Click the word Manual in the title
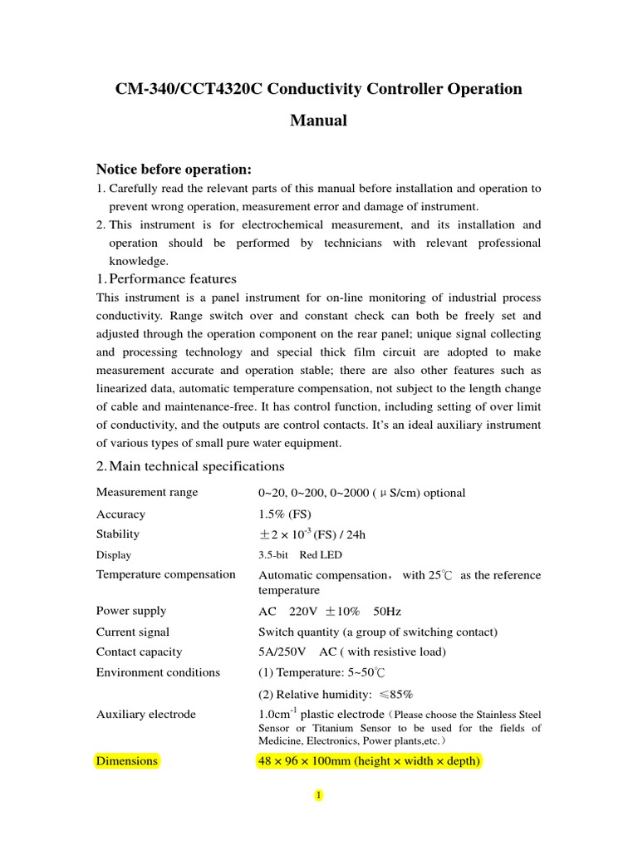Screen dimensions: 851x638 318,121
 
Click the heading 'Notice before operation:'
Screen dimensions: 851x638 174,170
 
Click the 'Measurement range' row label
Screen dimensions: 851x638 147,492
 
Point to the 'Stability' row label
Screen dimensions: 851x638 118,534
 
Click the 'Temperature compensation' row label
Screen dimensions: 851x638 166,574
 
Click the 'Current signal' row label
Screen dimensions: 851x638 132,632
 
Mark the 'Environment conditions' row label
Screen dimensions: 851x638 158,672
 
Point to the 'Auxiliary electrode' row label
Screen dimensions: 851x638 146,714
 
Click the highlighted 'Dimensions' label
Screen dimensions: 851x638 127,761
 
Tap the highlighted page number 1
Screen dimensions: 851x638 317,796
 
